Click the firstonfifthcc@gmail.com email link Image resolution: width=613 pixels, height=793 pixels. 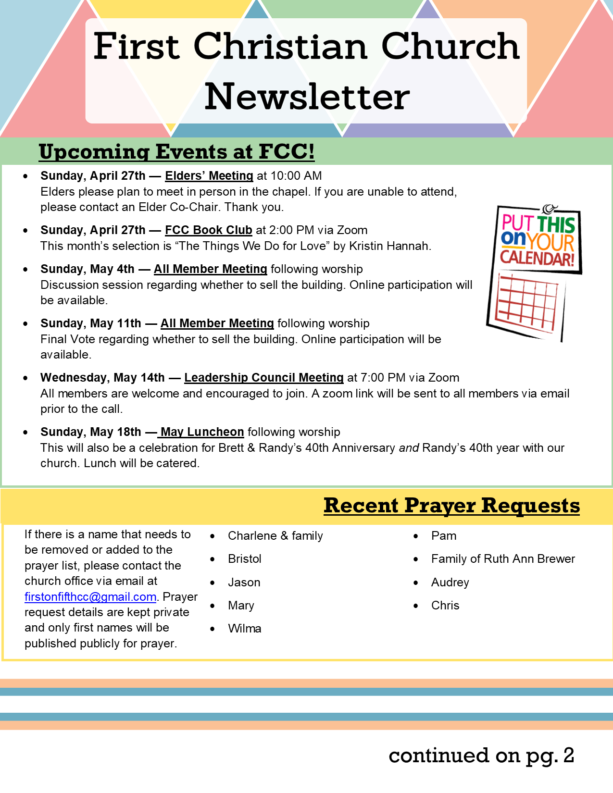[90, 597]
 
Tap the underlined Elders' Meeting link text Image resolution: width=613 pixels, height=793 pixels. [209, 176]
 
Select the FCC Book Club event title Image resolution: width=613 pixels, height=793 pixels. [208, 230]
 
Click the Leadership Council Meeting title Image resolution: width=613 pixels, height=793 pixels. [263, 378]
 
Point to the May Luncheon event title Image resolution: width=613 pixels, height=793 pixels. [202, 432]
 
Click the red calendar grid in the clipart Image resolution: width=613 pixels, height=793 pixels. [526, 303]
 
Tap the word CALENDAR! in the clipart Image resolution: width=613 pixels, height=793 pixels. [537, 258]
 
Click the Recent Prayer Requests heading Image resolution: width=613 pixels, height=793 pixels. [451, 506]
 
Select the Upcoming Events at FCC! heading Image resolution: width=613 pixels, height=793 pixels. [176, 152]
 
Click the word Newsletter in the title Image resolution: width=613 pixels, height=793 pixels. [307, 97]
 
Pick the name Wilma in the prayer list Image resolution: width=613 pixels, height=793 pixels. [244, 629]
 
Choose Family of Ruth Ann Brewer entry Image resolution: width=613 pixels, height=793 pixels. [503, 559]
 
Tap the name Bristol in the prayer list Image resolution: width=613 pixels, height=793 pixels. [244, 559]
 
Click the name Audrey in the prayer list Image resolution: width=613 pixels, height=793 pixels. [450, 582]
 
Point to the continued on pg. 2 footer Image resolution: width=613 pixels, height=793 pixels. [481, 756]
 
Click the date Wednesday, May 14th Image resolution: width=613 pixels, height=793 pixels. [102, 378]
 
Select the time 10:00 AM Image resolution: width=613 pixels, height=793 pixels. [296, 176]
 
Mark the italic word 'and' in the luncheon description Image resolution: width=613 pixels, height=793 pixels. [409, 448]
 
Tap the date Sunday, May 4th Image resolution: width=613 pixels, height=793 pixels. [87, 269]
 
